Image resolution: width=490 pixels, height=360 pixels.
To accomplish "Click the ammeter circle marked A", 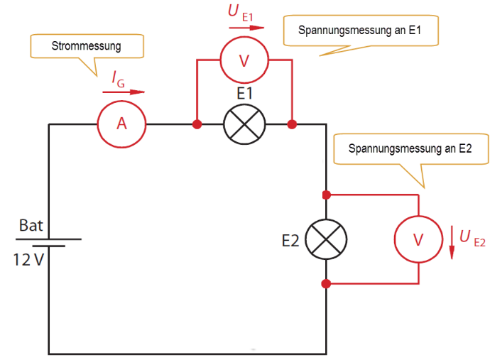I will (x=121, y=124).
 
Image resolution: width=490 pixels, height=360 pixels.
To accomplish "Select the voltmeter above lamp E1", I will (x=244, y=60).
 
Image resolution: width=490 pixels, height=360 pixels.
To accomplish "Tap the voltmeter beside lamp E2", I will (x=418, y=239).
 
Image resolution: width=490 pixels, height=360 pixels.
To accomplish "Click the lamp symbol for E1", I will (x=244, y=124).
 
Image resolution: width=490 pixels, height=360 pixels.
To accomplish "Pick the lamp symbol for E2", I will (x=325, y=239).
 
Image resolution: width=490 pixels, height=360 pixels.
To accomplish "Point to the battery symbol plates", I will (x=48, y=243).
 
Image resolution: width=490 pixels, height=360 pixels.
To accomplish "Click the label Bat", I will (x=31, y=226).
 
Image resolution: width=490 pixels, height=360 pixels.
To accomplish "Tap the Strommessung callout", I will (x=87, y=47).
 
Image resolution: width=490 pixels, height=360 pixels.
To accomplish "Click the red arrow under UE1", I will (x=246, y=28).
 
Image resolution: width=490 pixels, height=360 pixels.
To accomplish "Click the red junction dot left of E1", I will (x=197, y=124).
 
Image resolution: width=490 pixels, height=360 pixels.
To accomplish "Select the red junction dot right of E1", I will (x=292, y=124).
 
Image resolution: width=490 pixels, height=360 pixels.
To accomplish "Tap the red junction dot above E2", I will (x=326, y=194).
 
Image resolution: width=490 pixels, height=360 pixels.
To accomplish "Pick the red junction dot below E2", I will (x=326, y=284).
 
